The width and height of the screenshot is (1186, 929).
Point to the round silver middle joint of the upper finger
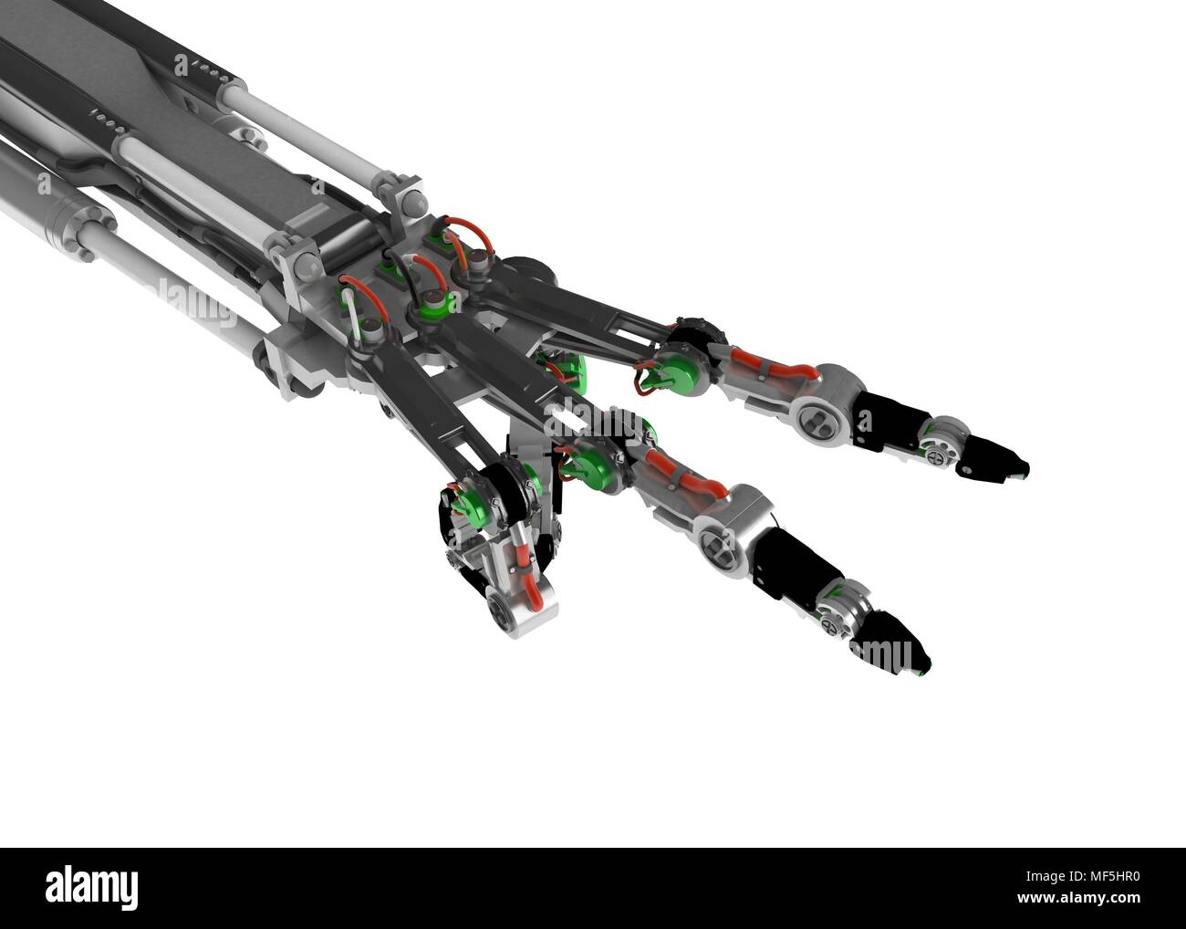(x=817, y=411)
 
